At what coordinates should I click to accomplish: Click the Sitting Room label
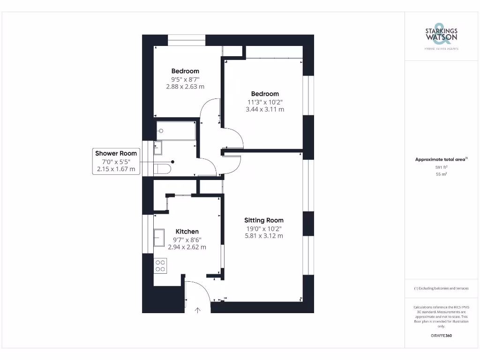point(264,220)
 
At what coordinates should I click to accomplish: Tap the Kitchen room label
point(187,232)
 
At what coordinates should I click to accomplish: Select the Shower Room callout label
point(116,153)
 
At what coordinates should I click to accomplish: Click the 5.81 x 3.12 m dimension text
point(264,236)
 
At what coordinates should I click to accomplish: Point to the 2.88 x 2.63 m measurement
point(185,87)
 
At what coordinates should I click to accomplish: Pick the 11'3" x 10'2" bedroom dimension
point(265,102)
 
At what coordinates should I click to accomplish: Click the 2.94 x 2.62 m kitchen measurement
point(187,247)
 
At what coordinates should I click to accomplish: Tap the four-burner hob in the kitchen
point(160,266)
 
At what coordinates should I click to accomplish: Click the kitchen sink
point(159,236)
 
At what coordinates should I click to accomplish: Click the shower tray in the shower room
point(176,131)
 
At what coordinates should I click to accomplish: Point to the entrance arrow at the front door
point(197,309)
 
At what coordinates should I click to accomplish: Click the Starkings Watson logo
point(441,35)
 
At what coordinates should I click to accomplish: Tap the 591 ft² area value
point(441,167)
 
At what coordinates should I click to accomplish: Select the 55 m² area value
point(441,174)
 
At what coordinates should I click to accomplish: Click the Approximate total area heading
point(441,159)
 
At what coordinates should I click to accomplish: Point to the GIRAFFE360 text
point(441,336)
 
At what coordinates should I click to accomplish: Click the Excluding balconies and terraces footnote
point(441,288)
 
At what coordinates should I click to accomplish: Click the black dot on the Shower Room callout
point(173,162)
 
